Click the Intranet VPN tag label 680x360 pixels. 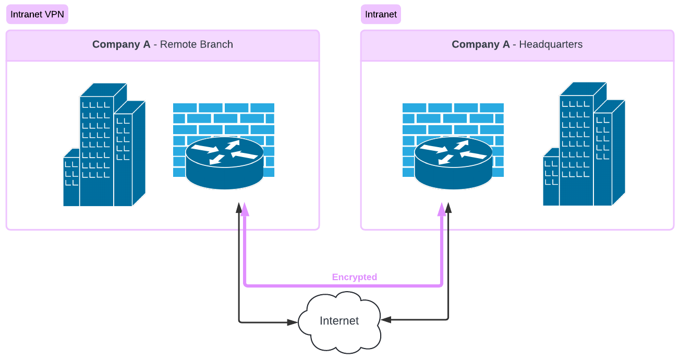[x=37, y=14]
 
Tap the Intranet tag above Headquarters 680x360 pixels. [x=381, y=14]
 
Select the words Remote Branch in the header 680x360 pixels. [x=197, y=44]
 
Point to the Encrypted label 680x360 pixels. [x=355, y=277]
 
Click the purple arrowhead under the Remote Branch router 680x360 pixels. [x=245, y=209]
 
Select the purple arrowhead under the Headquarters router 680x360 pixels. [x=442, y=209]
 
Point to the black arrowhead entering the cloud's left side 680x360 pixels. [x=293, y=322]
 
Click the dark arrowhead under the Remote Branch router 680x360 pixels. [x=239, y=208]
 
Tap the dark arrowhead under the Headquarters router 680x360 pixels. [x=448, y=208]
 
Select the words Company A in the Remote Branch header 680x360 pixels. [x=121, y=44]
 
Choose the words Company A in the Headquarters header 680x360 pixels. [x=480, y=44]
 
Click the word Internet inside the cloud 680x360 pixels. [x=339, y=321]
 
